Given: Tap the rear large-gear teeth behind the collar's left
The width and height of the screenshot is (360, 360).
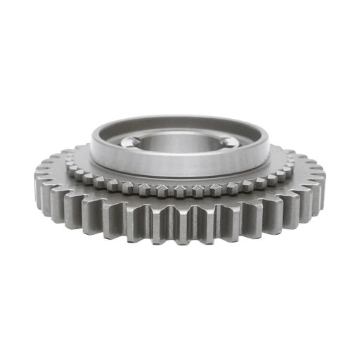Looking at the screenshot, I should click(x=77, y=149).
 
